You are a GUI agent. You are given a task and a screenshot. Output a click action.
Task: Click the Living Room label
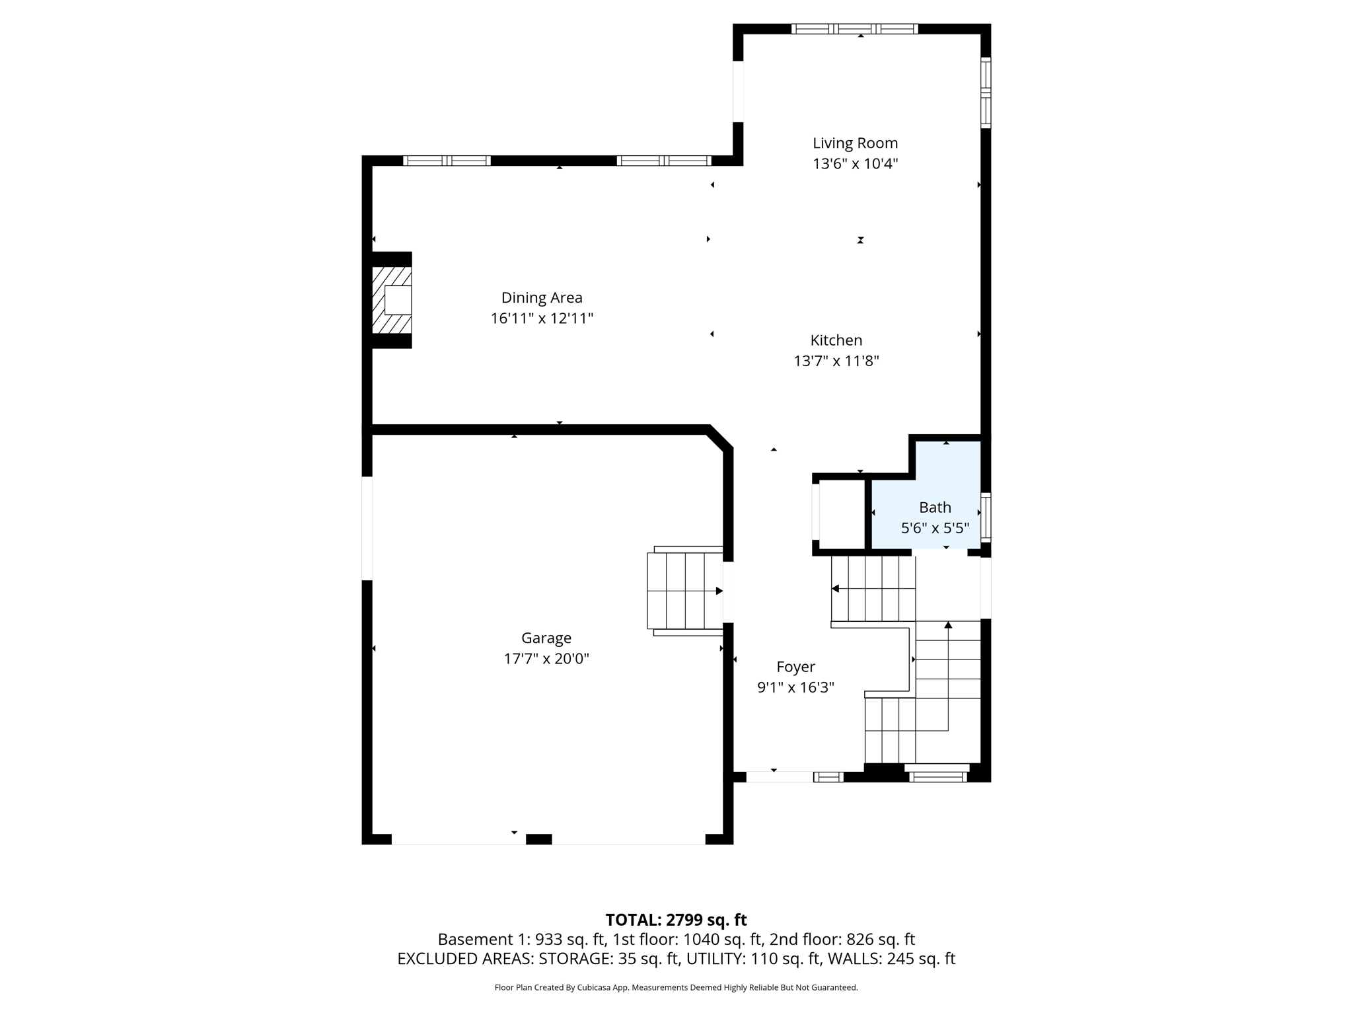click(x=855, y=143)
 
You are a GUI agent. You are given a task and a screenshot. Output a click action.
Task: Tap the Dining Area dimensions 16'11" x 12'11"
click(x=542, y=319)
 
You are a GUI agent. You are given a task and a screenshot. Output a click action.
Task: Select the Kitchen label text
click(x=836, y=340)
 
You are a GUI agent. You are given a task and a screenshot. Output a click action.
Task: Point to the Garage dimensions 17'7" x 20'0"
click(x=546, y=659)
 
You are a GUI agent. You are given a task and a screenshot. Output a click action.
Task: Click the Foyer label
click(x=795, y=667)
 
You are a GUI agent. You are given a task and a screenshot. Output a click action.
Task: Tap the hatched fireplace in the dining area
click(x=392, y=300)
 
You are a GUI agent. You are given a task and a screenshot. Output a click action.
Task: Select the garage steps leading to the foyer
click(x=684, y=591)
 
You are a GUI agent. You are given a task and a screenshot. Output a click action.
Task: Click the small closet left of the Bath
click(x=841, y=514)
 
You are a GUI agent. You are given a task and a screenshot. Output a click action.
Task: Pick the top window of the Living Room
click(x=854, y=28)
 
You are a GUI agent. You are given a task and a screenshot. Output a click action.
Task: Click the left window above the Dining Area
click(x=447, y=161)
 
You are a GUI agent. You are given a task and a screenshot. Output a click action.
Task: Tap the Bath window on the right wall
click(x=985, y=517)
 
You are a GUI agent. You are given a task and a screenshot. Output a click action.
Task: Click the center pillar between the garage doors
click(x=538, y=839)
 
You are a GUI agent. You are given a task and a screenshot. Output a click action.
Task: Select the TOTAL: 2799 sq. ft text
click(x=676, y=920)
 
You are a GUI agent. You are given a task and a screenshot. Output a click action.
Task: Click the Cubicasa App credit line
click(x=676, y=987)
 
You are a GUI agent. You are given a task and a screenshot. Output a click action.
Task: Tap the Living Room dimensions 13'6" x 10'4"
click(x=855, y=164)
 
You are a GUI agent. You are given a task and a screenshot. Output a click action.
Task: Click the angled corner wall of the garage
click(x=720, y=439)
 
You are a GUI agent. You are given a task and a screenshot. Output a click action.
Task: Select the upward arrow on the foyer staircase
click(x=948, y=625)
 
